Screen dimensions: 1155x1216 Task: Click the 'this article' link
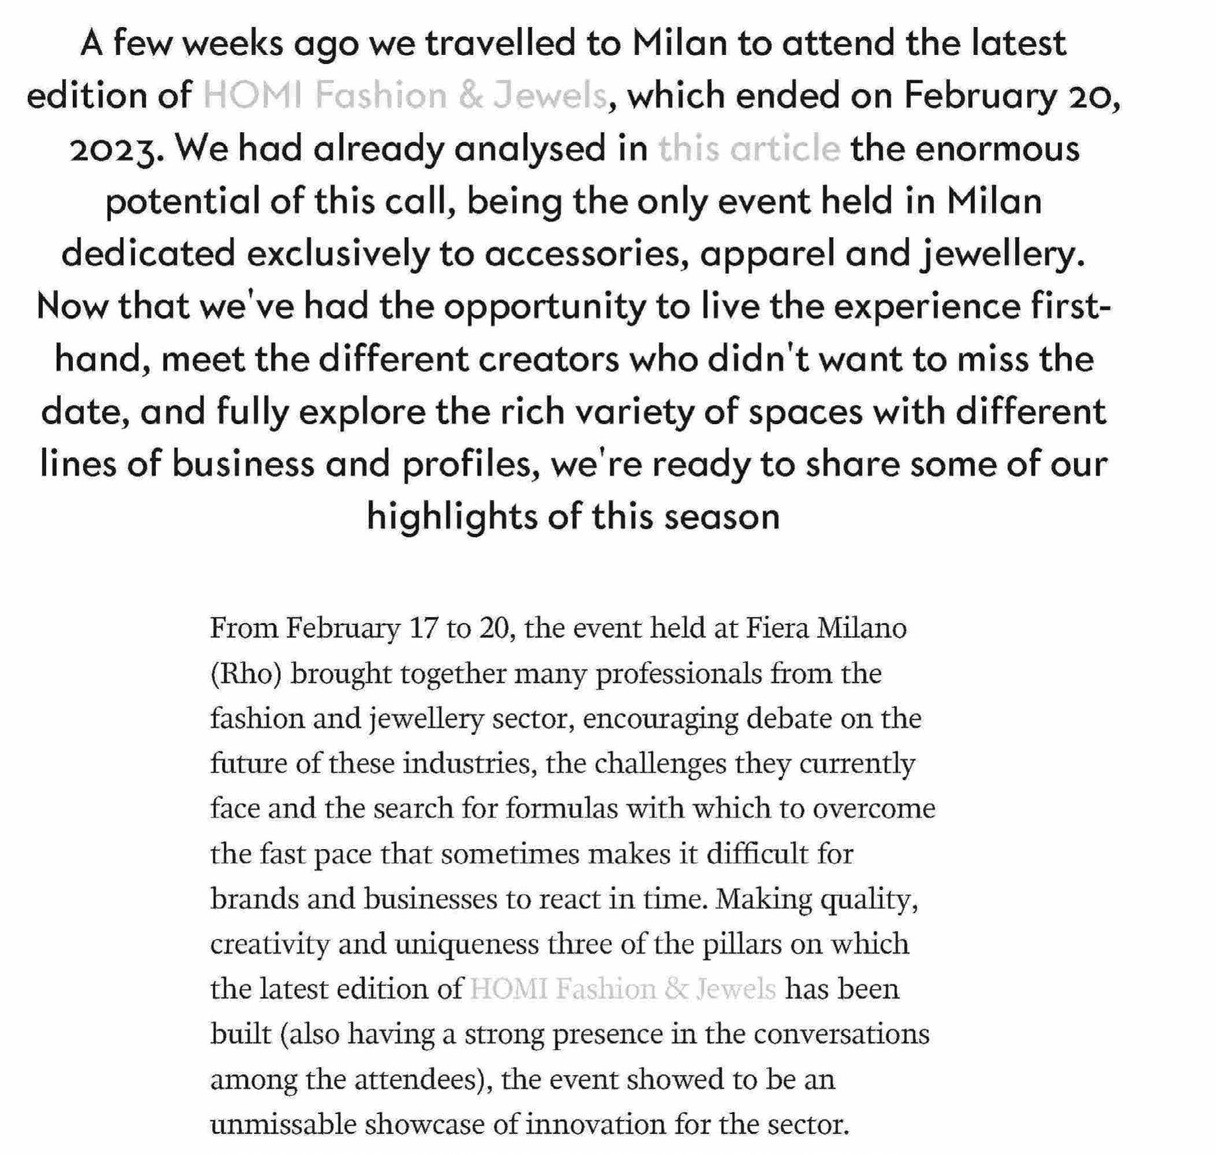[x=749, y=148]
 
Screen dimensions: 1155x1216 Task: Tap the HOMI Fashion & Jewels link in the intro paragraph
[x=404, y=95]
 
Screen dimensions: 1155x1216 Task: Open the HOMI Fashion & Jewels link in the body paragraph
[x=623, y=989]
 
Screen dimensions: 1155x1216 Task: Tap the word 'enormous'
[x=997, y=148]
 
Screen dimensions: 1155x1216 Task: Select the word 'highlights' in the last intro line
[x=452, y=517]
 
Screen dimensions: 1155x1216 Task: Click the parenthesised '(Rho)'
[x=246, y=673]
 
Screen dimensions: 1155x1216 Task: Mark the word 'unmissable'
[x=283, y=1124]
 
